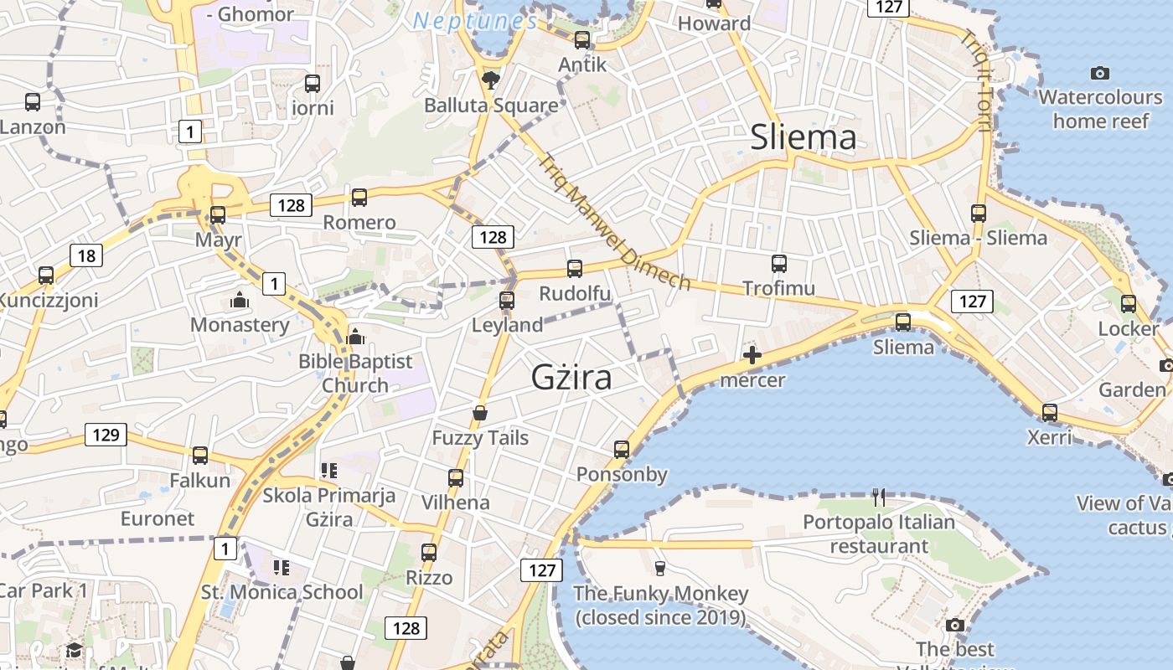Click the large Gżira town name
(571, 378)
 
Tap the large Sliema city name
(803, 137)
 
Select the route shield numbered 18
(86, 255)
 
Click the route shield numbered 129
(106, 435)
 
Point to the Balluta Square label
(491, 106)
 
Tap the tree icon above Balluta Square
(490, 80)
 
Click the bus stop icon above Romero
(359, 198)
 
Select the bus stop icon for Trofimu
(779, 264)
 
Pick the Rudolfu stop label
(575, 294)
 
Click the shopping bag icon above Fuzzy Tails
(480, 413)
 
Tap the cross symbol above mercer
(752, 355)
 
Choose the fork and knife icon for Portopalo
(879, 497)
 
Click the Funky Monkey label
(660, 606)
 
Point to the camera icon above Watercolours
(1100, 74)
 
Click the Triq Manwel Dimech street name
(615, 222)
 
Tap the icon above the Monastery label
(240, 300)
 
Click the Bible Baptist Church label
(356, 374)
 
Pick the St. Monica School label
(282, 592)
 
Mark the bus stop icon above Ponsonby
(622, 450)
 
